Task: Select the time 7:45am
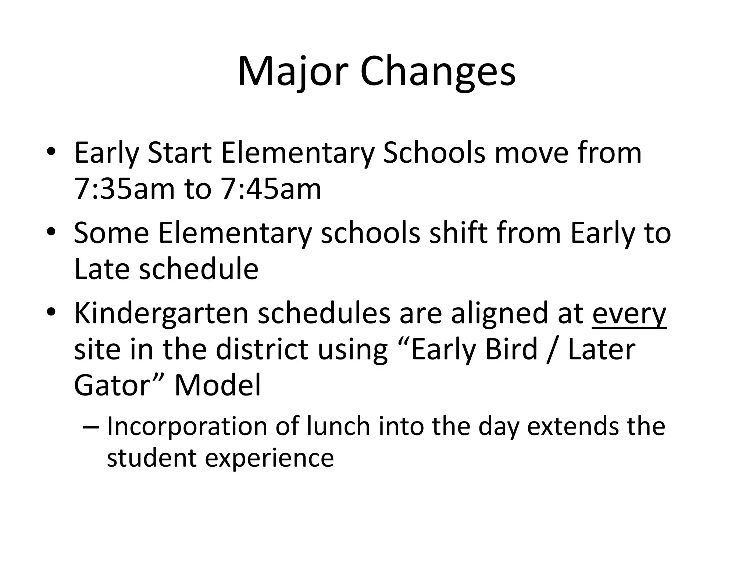tap(271, 189)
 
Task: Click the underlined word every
tap(629, 314)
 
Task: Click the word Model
tap(217, 386)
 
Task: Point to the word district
tap(261, 350)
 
